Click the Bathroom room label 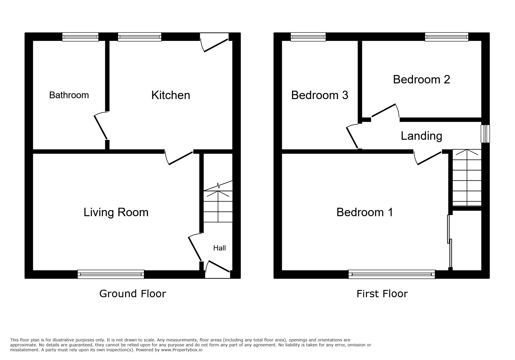point(69,95)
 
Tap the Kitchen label point(171,95)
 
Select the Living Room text point(116,212)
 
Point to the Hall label point(219,248)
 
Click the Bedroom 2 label point(421,80)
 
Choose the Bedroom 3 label point(320,95)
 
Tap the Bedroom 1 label point(365,212)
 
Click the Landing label point(421,136)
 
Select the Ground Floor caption point(133,294)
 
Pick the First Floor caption point(382,294)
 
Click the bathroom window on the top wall point(80,37)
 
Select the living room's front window point(111,274)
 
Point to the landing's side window point(485,134)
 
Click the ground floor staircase point(218,206)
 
